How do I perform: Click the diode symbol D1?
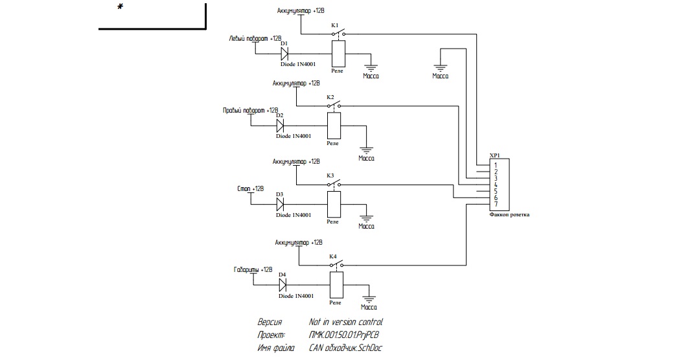284,54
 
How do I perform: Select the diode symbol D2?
281,124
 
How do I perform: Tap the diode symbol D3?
281,204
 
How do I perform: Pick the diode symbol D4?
283,284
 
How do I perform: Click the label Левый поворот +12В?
255,39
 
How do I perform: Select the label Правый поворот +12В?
250,111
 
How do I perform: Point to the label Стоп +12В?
251,188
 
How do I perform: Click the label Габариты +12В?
253,269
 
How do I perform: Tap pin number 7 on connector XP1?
495,205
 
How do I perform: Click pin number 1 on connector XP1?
495,166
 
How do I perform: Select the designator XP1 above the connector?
495,156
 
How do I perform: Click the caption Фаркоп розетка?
509,214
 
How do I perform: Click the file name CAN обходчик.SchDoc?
346,348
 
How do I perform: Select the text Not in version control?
346,322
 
